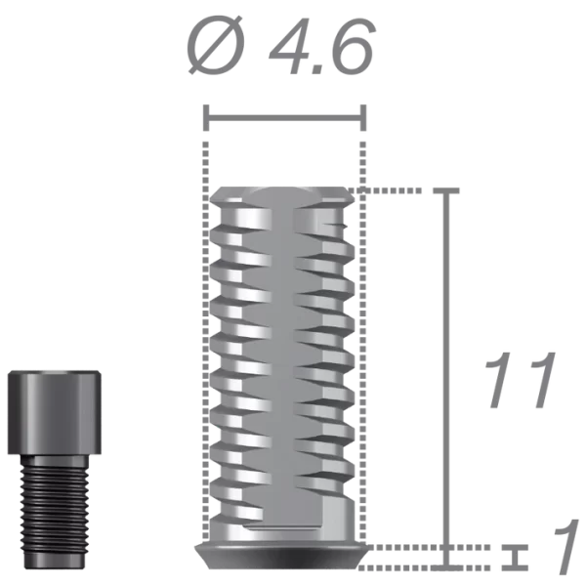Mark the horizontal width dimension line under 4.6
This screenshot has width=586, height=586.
click(283, 120)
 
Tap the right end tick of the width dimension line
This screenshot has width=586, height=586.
click(365, 120)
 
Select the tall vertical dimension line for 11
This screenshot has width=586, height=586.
click(447, 371)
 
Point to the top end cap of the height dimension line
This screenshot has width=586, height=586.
click(447, 189)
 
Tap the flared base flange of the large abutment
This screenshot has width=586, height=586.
click(283, 551)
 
